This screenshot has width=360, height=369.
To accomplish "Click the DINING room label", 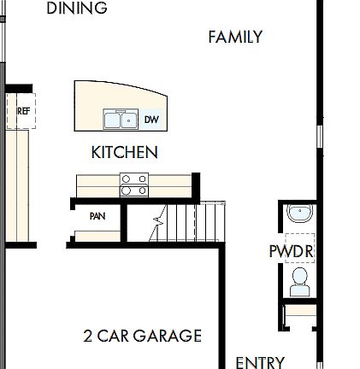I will [x=77, y=9].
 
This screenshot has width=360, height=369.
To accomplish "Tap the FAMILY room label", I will [x=235, y=37].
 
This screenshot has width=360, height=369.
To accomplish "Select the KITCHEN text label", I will [x=124, y=153].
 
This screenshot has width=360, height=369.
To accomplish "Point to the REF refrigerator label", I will [x=23, y=110].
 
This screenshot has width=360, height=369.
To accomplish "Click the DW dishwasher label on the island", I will [x=151, y=120].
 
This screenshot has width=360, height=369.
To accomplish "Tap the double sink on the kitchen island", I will [x=121, y=120].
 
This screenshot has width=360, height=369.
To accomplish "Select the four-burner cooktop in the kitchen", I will [x=133, y=184].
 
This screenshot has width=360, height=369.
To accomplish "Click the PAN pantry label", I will [x=97, y=216].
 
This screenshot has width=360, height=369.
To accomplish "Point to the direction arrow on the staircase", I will [x=158, y=227].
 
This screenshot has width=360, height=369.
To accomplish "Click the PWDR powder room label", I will [x=291, y=252].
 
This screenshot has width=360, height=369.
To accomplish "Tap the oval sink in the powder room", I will [x=299, y=213].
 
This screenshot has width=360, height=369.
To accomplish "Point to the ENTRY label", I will [x=259, y=362].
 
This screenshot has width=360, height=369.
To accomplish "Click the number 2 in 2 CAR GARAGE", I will [x=89, y=336].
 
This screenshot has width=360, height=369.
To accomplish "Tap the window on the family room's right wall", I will [x=321, y=137].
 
